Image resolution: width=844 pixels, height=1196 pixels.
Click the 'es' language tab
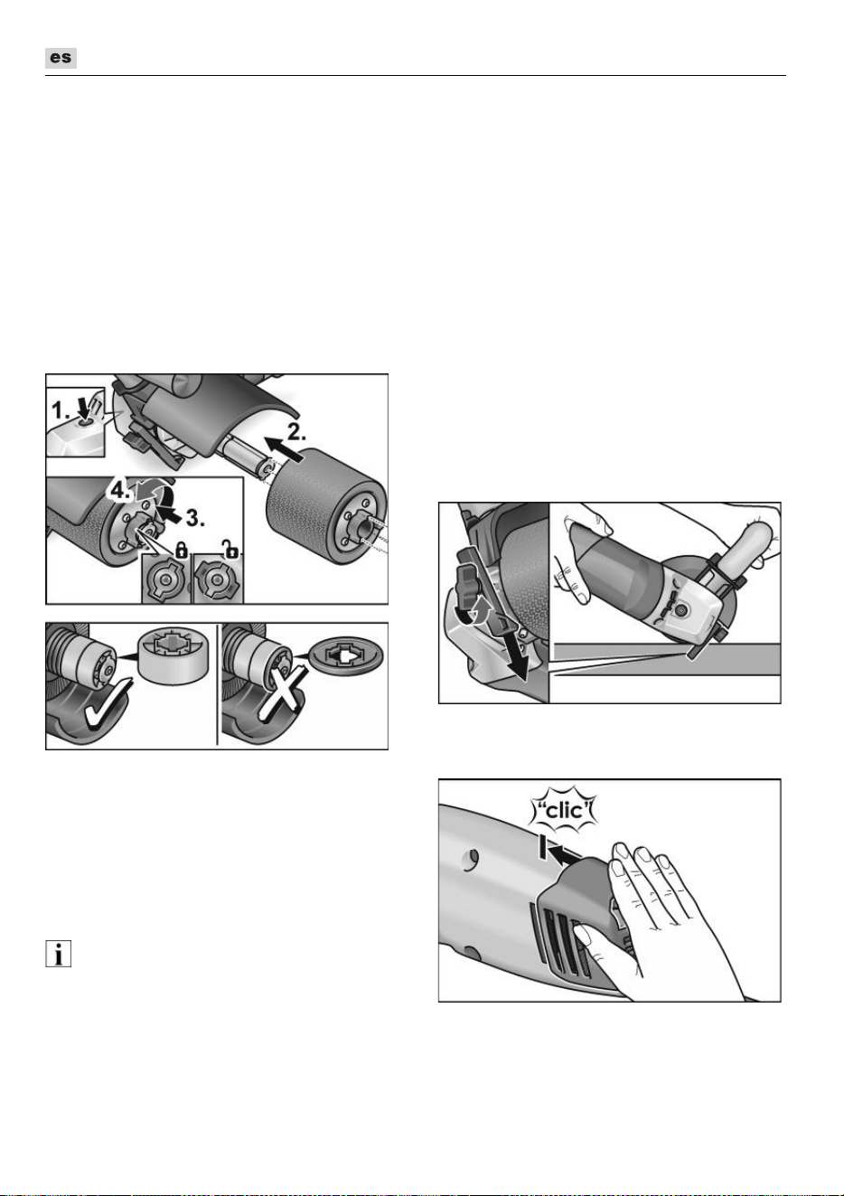[x=61, y=58]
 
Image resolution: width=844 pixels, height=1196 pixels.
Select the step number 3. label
[x=195, y=517]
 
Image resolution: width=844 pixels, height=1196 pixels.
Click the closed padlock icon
[x=182, y=550]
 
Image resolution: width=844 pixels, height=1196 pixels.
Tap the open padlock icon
[x=230, y=549]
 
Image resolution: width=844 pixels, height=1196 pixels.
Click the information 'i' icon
[x=58, y=954]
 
